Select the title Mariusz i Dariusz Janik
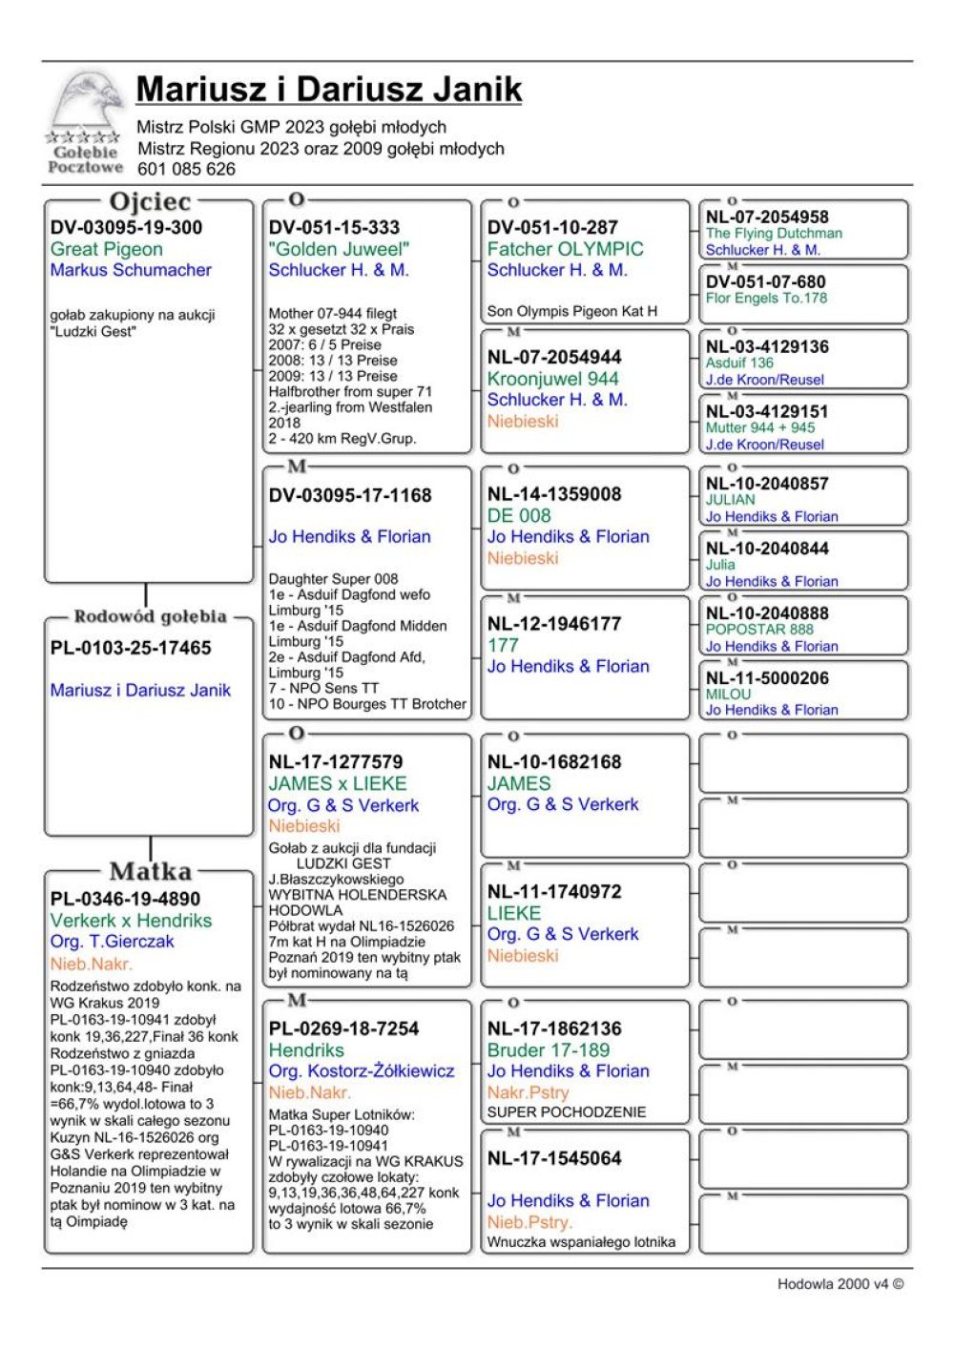tap(329, 89)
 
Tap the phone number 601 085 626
tap(186, 169)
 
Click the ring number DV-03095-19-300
tap(126, 227)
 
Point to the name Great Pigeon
tap(107, 249)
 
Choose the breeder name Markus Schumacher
tap(131, 270)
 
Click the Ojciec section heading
tap(150, 201)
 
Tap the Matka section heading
tap(150, 871)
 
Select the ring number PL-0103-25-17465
tap(131, 648)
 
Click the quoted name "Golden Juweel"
tap(339, 249)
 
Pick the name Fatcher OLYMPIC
tap(565, 249)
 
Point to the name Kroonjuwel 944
tap(552, 379)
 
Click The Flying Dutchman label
tap(774, 234)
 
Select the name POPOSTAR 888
tap(759, 630)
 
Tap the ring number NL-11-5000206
tap(767, 678)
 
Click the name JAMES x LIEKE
tap(337, 783)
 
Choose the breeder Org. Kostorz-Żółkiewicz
tap(362, 1071)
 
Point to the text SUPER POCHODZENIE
tap(567, 1112)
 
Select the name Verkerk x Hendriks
tap(131, 921)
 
